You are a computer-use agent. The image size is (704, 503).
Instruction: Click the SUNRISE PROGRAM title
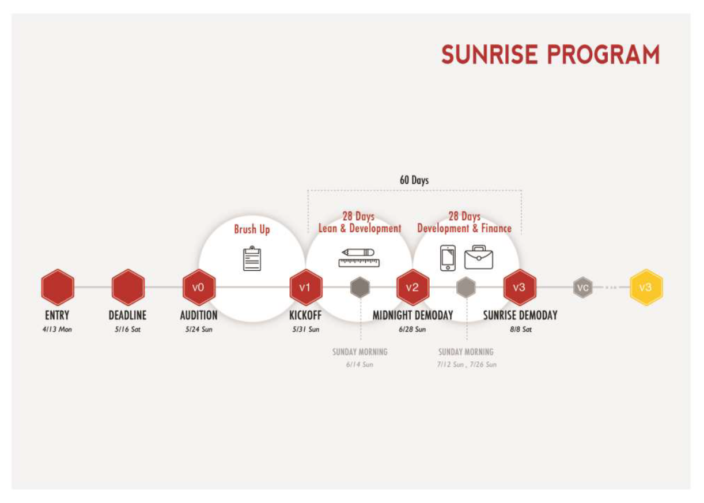pyautogui.click(x=551, y=55)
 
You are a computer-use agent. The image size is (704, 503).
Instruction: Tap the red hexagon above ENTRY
pyautogui.click(x=58, y=287)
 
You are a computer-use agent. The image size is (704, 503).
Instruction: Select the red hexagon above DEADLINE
pyautogui.click(x=128, y=287)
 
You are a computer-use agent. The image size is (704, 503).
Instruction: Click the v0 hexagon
pyautogui.click(x=199, y=287)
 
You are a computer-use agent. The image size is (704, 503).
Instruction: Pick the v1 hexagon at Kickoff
pyautogui.click(x=306, y=287)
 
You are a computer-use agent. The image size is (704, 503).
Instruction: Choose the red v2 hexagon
pyautogui.click(x=412, y=287)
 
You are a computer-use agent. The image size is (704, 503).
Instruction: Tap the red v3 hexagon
pyautogui.click(x=520, y=287)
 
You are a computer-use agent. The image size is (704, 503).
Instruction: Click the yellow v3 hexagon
pyautogui.click(x=646, y=287)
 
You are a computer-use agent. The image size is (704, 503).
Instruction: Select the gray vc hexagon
pyautogui.click(x=583, y=287)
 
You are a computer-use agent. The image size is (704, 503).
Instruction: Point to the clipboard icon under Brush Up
pyautogui.click(x=252, y=259)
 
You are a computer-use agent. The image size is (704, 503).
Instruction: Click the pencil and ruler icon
pyautogui.click(x=359, y=258)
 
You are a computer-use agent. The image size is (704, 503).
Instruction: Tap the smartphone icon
pyautogui.click(x=448, y=258)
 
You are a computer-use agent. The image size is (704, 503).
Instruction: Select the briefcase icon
pyautogui.click(x=479, y=257)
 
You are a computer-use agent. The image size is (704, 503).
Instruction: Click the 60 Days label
pyautogui.click(x=414, y=180)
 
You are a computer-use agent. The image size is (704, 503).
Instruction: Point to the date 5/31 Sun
pyautogui.click(x=306, y=329)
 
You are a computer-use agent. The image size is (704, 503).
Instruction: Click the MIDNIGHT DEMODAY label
pyautogui.click(x=412, y=315)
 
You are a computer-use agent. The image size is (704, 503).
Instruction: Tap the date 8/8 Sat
pyautogui.click(x=521, y=329)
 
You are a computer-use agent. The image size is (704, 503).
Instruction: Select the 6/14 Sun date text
pyautogui.click(x=359, y=364)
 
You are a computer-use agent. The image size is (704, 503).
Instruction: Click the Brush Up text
pyautogui.click(x=252, y=229)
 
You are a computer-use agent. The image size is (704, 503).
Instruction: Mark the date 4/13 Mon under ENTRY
pyautogui.click(x=57, y=329)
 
